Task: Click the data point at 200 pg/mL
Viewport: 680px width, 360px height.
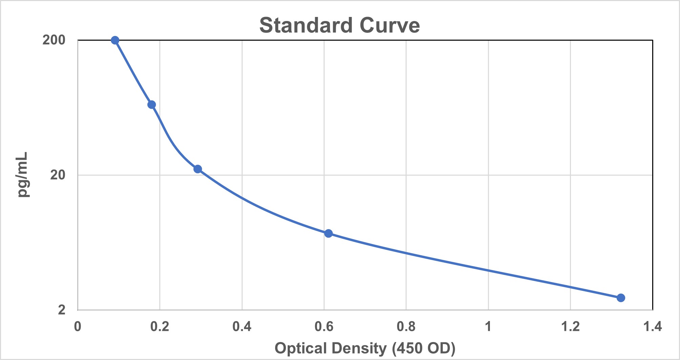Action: coord(115,40)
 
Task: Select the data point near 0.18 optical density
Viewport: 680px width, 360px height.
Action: coord(152,104)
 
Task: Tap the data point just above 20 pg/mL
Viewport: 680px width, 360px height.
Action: coord(198,169)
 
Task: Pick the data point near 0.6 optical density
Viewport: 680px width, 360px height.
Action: coord(328,233)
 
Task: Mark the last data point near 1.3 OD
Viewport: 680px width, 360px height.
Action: coord(621,298)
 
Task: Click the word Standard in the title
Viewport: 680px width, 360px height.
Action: coord(306,25)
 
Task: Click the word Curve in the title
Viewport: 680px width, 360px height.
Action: coord(390,25)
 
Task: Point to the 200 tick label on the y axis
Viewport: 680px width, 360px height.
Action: coord(54,40)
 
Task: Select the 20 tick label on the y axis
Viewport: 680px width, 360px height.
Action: coord(58,175)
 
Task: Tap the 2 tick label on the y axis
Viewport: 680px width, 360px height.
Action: coord(62,309)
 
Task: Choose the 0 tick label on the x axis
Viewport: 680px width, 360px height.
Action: coord(78,326)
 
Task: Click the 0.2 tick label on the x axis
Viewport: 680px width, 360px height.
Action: coord(160,326)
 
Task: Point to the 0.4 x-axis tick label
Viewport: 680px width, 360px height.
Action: coord(242,326)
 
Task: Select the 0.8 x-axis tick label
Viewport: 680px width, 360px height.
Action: coord(406,326)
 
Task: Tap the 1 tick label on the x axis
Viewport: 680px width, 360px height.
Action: coord(488,326)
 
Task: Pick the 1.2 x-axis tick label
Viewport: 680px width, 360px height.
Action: coord(571,326)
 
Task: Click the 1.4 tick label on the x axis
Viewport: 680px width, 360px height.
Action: coord(653,326)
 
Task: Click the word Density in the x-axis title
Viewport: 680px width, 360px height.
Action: coord(359,348)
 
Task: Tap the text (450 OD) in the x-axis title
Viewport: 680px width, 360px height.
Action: coord(424,348)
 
